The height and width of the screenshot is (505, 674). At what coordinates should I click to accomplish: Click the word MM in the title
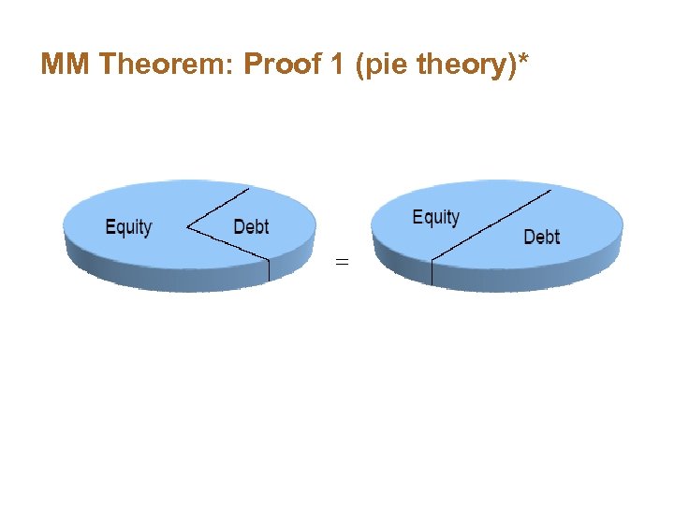tap(66, 65)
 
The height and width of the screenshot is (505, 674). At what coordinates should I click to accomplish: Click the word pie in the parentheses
tap(376, 65)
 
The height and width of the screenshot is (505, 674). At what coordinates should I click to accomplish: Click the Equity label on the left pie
tap(128, 227)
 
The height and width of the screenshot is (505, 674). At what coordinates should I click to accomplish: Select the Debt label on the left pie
tap(251, 226)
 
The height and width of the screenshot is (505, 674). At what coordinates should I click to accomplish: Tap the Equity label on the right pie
tap(436, 218)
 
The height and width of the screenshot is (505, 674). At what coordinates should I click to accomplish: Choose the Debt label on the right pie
tap(541, 237)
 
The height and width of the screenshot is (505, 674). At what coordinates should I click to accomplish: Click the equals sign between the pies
tap(342, 264)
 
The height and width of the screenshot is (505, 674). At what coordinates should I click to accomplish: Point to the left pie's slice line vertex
tap(188, 226)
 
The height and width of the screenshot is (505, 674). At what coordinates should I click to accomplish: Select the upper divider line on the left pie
tap(219, 207)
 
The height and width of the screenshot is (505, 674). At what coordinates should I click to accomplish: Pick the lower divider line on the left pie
tap(228, 242)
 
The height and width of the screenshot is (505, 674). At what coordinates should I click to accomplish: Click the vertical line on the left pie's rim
tap(269, 269)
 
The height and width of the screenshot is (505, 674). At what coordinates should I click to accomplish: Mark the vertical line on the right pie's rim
tap(432, 273)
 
